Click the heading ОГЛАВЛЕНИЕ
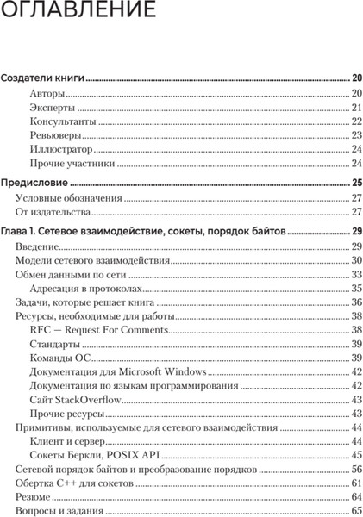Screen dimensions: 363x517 point(78,13)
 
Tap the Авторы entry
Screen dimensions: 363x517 point(46,93)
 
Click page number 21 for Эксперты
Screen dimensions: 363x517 point(356,108)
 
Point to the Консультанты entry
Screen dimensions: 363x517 point(62,121)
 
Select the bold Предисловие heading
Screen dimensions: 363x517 point(34,183)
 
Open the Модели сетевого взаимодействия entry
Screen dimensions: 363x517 point(93,260)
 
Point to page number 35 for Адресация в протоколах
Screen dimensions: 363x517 point(356,288)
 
